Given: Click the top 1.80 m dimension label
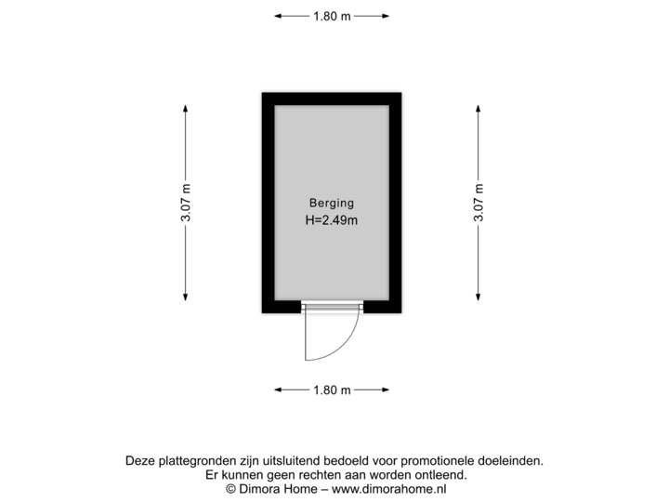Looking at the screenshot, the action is [x=332, y=16].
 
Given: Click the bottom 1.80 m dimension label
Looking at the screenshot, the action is [x=332, y=390].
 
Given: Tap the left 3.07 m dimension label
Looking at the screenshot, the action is [x=185, y=203].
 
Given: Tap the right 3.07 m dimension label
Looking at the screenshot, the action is [x=479, y=203].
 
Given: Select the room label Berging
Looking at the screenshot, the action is [x=332, y=204].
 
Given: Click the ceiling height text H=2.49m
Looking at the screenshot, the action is [x=332, y=220].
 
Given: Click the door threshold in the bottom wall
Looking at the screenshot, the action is [x=332, y=307].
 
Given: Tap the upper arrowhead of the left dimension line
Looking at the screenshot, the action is [x=185, y=109].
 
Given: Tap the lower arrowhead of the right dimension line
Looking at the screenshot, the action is [x=479, y=297].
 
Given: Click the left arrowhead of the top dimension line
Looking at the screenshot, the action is [x=278, y=16].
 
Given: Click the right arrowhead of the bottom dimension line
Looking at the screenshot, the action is [x=386, y=390].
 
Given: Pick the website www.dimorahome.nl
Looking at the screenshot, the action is [x=389, y=489].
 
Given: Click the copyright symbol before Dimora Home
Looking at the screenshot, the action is [x=230, y=489].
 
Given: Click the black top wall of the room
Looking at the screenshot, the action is [x=332, y=99].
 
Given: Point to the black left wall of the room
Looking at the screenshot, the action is [x=269, y=203].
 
